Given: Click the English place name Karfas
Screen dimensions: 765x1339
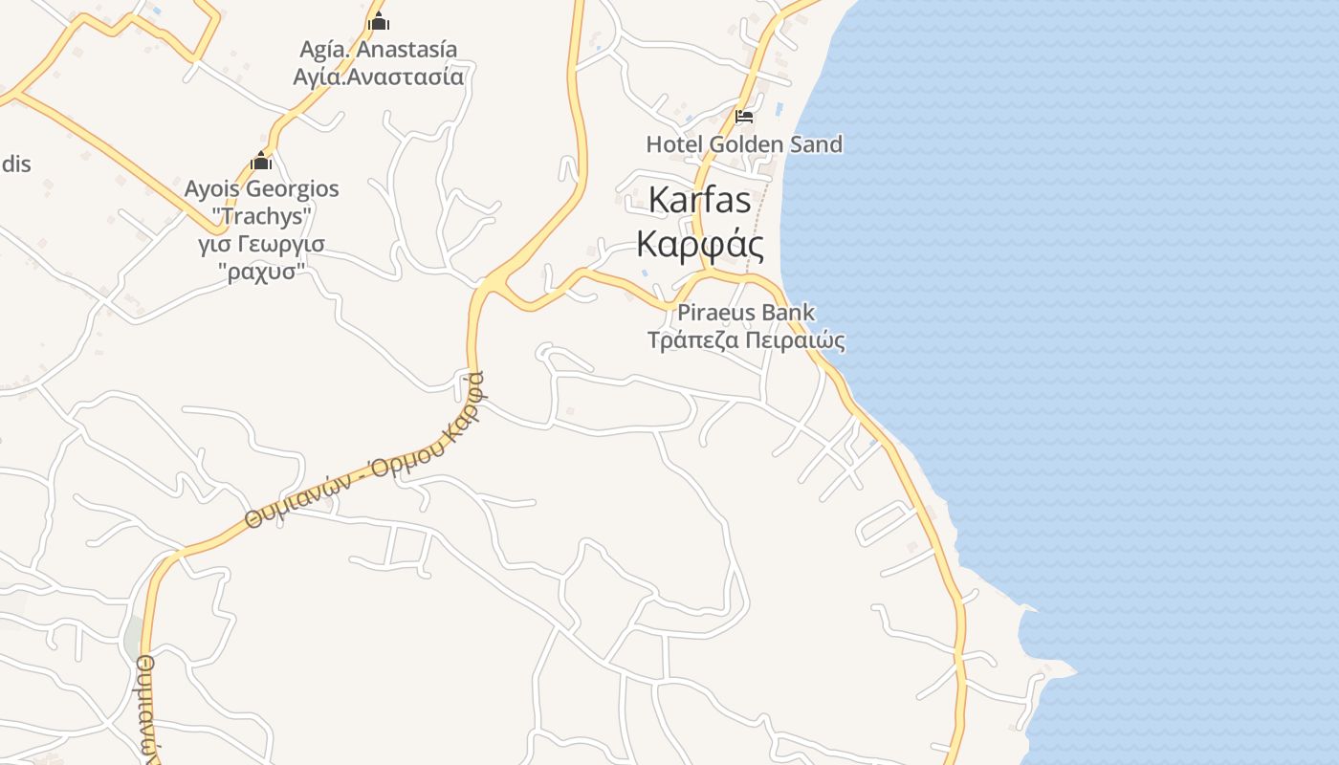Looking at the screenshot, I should click(699, 201).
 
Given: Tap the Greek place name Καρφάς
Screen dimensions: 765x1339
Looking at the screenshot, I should click(700, 245).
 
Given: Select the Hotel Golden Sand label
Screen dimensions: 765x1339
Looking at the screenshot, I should click(744, 144).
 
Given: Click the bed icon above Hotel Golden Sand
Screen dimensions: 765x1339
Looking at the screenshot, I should click(744, 118).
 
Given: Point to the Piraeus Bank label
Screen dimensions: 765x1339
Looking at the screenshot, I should click(746, 312).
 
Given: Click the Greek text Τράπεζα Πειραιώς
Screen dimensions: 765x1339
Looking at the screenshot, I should click(746, 340).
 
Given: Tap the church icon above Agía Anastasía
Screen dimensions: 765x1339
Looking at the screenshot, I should click(379, 20).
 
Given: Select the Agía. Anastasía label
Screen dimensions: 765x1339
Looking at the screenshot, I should click(379, 49).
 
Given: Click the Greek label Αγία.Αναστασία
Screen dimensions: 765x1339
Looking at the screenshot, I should click(379, 76).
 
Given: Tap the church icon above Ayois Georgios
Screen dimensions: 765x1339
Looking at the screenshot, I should click(261, 161).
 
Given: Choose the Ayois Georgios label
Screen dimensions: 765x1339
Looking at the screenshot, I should click(261, 188).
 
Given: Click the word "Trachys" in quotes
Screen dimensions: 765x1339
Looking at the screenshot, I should click(261, 216).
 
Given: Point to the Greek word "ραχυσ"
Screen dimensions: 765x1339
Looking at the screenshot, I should click(261, 272).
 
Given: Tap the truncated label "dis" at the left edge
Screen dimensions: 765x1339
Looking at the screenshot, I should click(15, 164).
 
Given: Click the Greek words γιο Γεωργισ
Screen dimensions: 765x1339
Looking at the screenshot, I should click(261, 244).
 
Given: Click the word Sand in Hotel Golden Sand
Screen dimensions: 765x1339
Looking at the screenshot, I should click(813, 144).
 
